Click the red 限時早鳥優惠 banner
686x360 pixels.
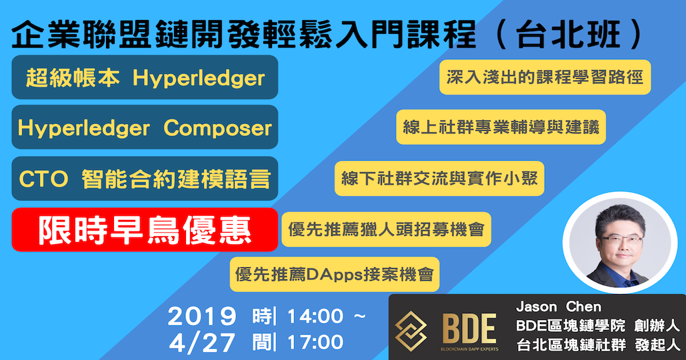pyautogui.click(x=145, y=229)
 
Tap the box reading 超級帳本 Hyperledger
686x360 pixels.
pyautogui.click(x=145, y=77)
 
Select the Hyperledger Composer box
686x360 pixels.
pyautogui.click(x=145, y=127)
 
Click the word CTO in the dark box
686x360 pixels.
pyautogui.click(x=44, y=179)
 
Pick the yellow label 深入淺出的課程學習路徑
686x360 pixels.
pyautogui.click(x=545, y=77)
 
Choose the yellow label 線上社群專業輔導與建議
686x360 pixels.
pyautogui.click(x=501, y=127)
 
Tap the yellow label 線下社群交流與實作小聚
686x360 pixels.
pyautogui.click(x=439, y=179)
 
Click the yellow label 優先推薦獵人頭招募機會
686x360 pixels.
pyautogui.click(x=386, y=229)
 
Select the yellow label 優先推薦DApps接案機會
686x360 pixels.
pyautogui.click(x=335, y=274)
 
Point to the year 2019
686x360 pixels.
pyautogui.click(x=202, y=316)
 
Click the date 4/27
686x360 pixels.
pyautogui.click(x=202, y=343)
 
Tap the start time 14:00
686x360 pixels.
pyautogui.click(x=315, y=316)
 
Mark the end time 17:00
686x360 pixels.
pyautogui.click(x=315, y=342)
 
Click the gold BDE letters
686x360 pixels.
pyautogui.click(x=469, y=329)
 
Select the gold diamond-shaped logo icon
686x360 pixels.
pyautogui.click(x=411, y=331)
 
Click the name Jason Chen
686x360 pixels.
pyautogui.click(x=559, y=307)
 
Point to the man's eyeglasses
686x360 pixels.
pyautogui.click(x=621, y=240)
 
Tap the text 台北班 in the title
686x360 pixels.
pyautogui.click(x=568, y=35)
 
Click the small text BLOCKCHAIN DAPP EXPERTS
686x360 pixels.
pyautogui.click(x=469, y=349)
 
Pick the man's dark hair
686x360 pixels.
pyautogui.click(x=621, y=219)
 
